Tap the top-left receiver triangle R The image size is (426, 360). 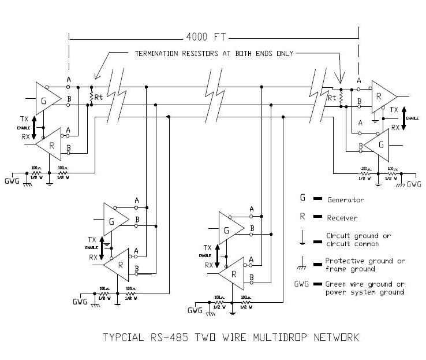pyautogui.click(x=51, y=144)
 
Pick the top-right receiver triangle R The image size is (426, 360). pyautogui.click(x=381, y=96)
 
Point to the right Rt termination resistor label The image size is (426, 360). pyautogui.click(x=332, y=98)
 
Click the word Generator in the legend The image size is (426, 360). pyautogui.click(x=345, y=200)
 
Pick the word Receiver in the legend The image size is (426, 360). pyautogui.click(x=342, y=218)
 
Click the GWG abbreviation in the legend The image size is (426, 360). pyautogui.click(x=302, y=284)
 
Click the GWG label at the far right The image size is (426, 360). pyautogui.click(x=414, y=184)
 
